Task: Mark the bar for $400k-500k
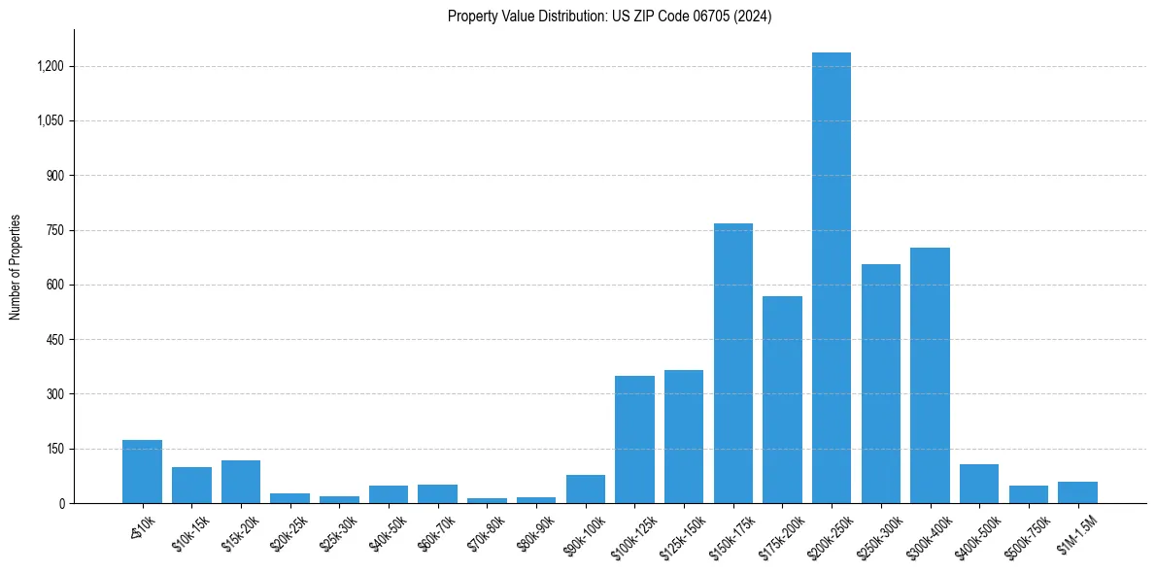pos(979,484)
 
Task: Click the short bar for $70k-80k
pos(487,500)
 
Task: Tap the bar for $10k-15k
pos(191,486)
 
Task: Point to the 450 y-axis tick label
pos(55,340)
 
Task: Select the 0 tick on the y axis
pos(61,504)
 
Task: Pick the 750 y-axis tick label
pos(55,231)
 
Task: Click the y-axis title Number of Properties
pos(16,266)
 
